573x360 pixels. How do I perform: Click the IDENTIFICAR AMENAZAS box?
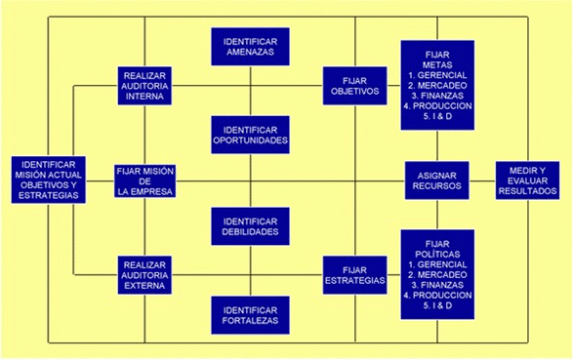point(250,47)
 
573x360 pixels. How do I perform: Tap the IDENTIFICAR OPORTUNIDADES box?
point(250,136)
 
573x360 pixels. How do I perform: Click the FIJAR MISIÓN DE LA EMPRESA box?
point(144,181)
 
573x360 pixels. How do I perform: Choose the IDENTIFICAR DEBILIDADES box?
point(250,226)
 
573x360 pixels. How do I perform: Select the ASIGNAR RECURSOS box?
point(437,180)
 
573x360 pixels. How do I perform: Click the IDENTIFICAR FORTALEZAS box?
point(250,314)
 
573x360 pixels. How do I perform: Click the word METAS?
point(437,64)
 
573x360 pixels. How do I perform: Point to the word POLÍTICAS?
point(437,255)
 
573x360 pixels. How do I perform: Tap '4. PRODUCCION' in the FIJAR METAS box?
point(437,106)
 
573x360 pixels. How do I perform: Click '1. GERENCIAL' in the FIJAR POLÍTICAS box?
point(437,265)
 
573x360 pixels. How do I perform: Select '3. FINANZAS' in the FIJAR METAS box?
point(437,96)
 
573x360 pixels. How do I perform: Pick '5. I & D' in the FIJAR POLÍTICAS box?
point(437,307)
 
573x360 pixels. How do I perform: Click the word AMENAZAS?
point(250,53)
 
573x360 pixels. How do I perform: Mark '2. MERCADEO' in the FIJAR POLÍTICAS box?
point(437,276)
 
